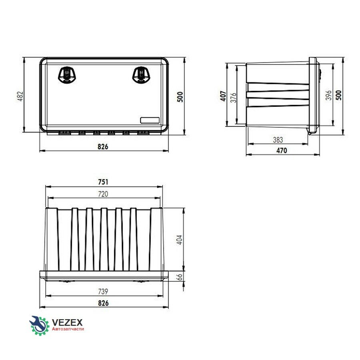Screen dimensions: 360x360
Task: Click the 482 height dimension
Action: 20,96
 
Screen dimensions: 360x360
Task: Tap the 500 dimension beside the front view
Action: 180,97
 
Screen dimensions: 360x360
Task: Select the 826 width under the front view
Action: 103,146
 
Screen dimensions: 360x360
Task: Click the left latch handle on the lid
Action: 67,75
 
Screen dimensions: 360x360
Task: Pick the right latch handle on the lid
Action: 142,75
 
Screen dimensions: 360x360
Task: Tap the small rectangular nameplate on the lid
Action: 150,120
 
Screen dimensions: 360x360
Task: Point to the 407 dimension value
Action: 223,96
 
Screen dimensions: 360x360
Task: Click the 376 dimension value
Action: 233,98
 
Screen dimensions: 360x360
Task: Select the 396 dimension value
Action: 329,95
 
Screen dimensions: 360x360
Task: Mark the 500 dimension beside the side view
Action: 339,95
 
